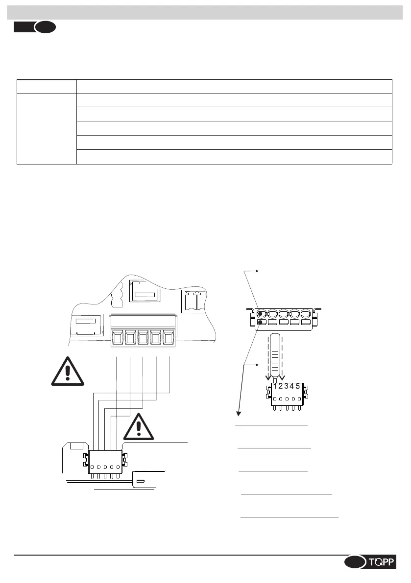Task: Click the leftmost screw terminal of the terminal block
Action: click(118, 338)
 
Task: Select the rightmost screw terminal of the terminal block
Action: click(169, 338)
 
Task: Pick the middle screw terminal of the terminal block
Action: click(143, 338)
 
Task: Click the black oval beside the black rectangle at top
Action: click(45, 27)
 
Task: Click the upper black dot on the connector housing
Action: click(261, 314)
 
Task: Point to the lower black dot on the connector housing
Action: click(261, 323)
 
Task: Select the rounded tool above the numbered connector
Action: click(275, 353)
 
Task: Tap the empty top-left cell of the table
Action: click(47, 86)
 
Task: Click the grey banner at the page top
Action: click(205, 12)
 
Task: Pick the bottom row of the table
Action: click(235, 157)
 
